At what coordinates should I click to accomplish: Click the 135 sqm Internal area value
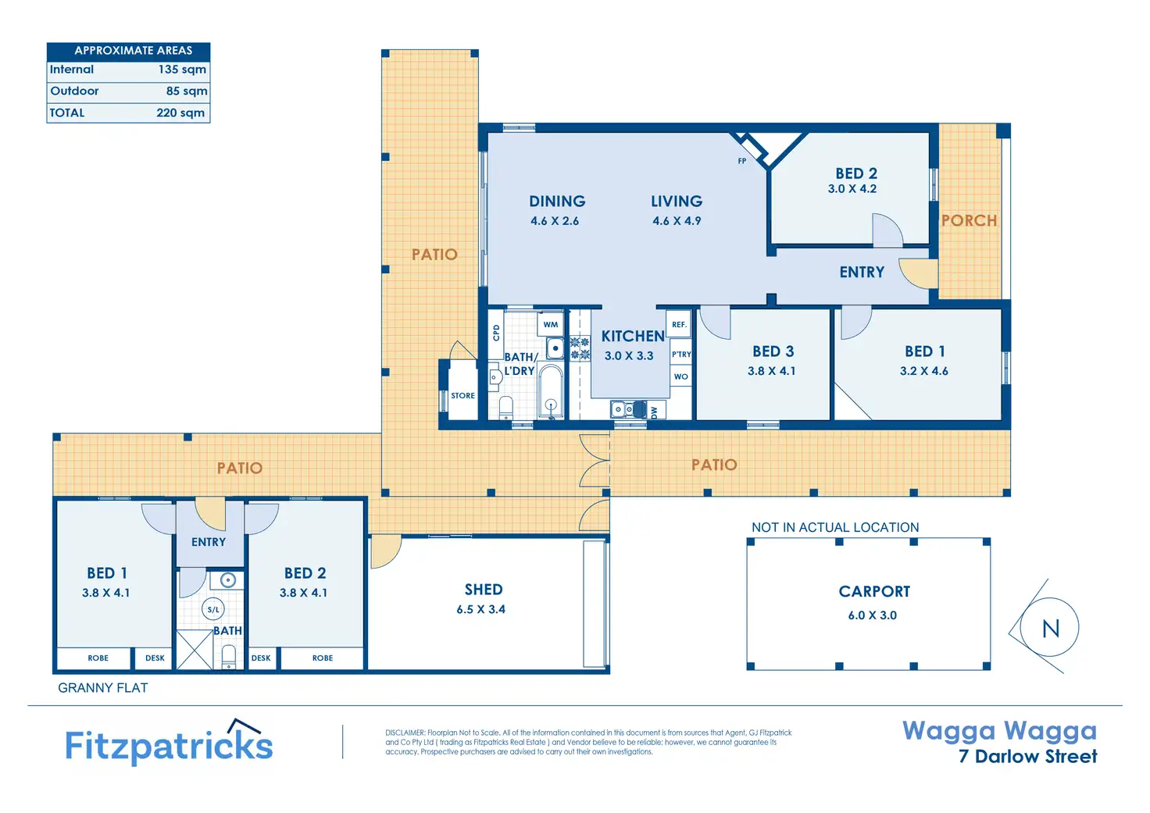182,70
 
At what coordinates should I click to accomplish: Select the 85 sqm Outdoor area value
187,91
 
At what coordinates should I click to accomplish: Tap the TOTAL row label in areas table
66,113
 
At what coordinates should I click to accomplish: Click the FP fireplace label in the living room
742,161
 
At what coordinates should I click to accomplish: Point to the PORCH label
969,221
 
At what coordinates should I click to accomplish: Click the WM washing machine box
550,324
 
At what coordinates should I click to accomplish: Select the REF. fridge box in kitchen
679,324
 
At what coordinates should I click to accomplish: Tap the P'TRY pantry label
681,354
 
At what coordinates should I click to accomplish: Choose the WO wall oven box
680,376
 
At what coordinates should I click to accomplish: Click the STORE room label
462,396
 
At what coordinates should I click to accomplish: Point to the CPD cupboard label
496,333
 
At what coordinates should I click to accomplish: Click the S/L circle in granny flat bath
213,610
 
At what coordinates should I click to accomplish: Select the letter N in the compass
1051,628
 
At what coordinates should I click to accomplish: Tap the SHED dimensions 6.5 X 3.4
481,610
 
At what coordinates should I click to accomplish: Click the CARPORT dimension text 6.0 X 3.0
872,615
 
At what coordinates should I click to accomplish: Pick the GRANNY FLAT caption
102,688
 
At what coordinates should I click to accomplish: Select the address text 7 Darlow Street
1028,756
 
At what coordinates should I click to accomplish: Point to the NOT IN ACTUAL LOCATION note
835,527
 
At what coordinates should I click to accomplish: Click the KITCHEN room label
633,336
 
